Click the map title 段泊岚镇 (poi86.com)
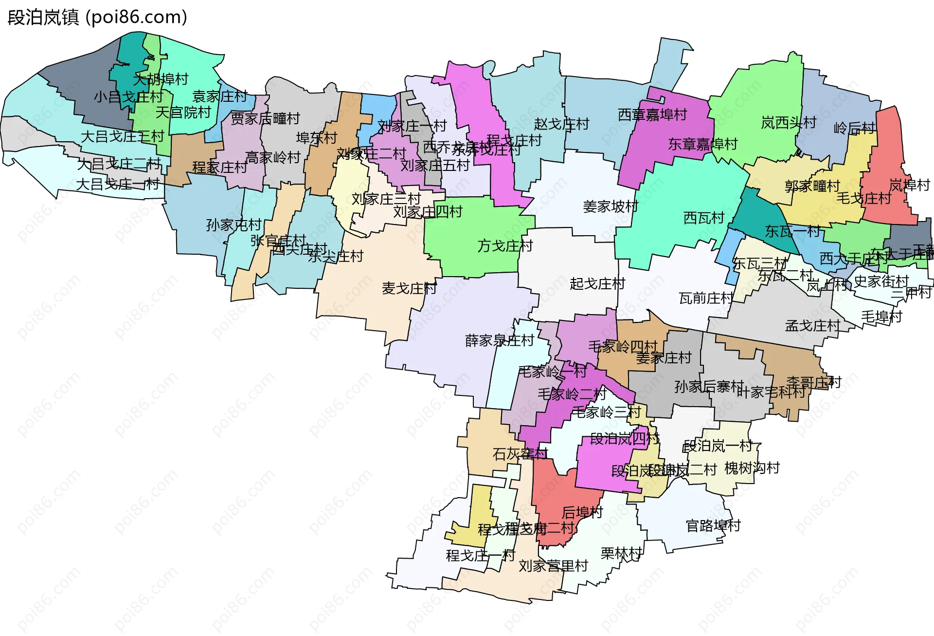tap(97, 18)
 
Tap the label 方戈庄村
tap(505, 246)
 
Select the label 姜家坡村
tap(611, 206)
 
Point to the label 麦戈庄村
tap(409, 288)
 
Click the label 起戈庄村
tap(597, 283)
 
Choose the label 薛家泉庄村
tap(500, 340)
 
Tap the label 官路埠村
tap(713, 526)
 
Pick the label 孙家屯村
tap(234, 225)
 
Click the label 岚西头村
tap(789, 123)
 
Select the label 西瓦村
tap(704, 218)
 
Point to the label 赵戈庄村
tap(561, 124)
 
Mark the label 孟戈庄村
tap(812, 326)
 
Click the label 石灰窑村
tap(520, 454)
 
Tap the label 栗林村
tap(621, 553)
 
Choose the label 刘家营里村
tap(553, 566)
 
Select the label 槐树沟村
tap(752, 468)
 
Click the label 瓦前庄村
tap(706, 298)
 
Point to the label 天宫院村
tap(183, 112)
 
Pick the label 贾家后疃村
tap(265, 118)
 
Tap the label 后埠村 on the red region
tap(582, 512)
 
